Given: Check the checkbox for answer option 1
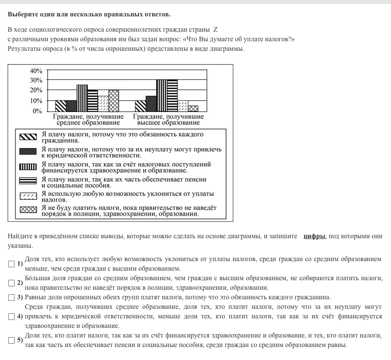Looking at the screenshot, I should point(11,264).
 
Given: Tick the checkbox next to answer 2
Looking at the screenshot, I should point(11,283).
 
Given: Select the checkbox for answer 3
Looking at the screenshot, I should point(11,297).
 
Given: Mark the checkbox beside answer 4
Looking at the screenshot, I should point(11,316).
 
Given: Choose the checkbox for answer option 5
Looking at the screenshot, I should point(11,340).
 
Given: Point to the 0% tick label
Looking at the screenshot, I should point(37,111).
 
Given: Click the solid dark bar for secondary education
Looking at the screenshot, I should point(71,106).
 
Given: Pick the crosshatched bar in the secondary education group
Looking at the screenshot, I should point(114,100).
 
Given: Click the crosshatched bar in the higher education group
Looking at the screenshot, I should point(193,108).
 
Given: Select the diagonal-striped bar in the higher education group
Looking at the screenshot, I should point(141,106).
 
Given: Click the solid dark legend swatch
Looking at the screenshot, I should point(28,152).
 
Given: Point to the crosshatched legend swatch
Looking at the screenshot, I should point(28,210).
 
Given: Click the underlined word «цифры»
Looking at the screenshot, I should point(315,236).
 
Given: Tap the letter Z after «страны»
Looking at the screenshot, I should point(215,30).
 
